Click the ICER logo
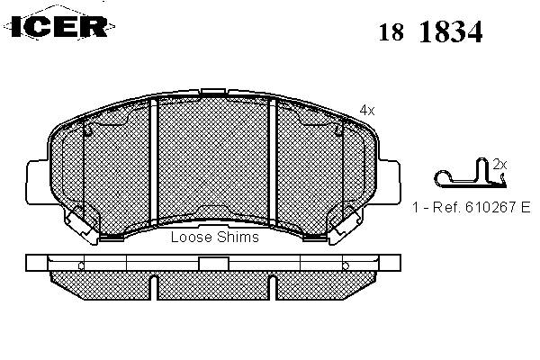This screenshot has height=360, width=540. click(59, 25)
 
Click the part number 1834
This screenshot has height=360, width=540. click(451, 31)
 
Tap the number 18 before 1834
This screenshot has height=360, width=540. click(391, 32)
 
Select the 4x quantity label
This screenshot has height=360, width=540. click(367, 111)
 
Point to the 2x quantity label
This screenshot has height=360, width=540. click(499, 165)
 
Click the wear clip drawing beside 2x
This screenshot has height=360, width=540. click(470, 175)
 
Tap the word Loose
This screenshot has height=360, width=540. click(192, 237)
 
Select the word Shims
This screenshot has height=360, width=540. click(238, 237)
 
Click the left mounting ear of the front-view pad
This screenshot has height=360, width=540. click(37, 182)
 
